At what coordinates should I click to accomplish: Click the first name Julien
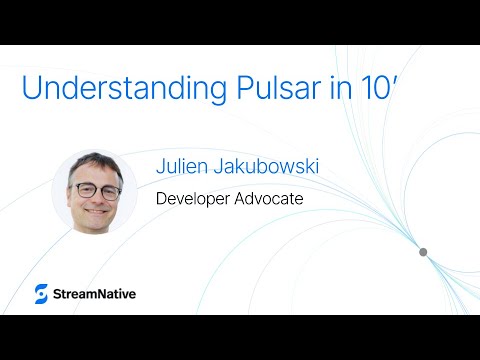[x=179, y=167]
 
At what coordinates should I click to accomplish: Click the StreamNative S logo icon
[x=41, y=294]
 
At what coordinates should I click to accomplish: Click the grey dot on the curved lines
[x=423, y=252]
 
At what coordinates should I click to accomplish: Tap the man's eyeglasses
[x=95, y=191]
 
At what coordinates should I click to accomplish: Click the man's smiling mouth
[x=95, y=211]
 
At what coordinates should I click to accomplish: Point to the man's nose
[x=95, y=199]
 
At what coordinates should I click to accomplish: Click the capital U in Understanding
[x=30, y=88]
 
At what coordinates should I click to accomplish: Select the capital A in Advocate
[x=239, y=198]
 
